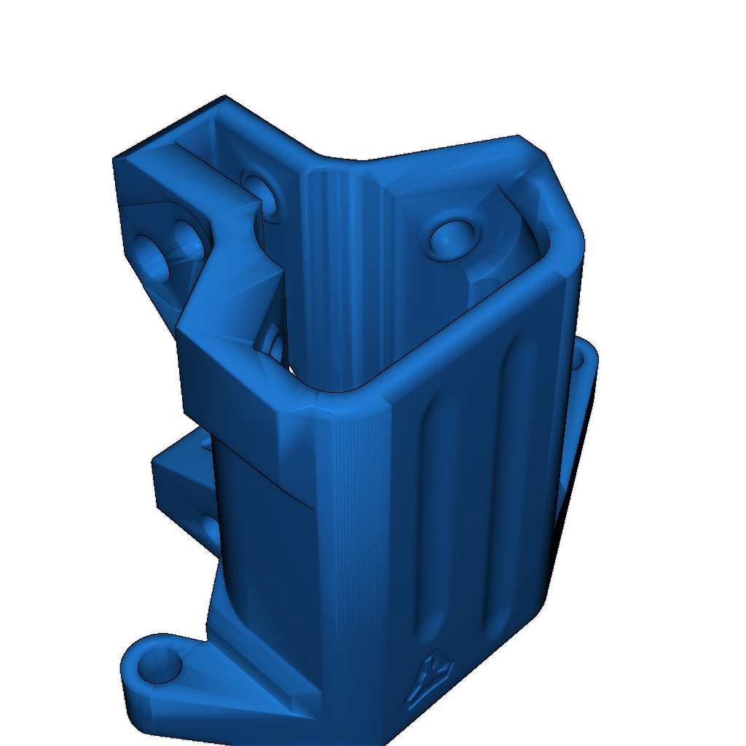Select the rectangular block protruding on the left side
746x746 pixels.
click(x=182, y=477)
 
